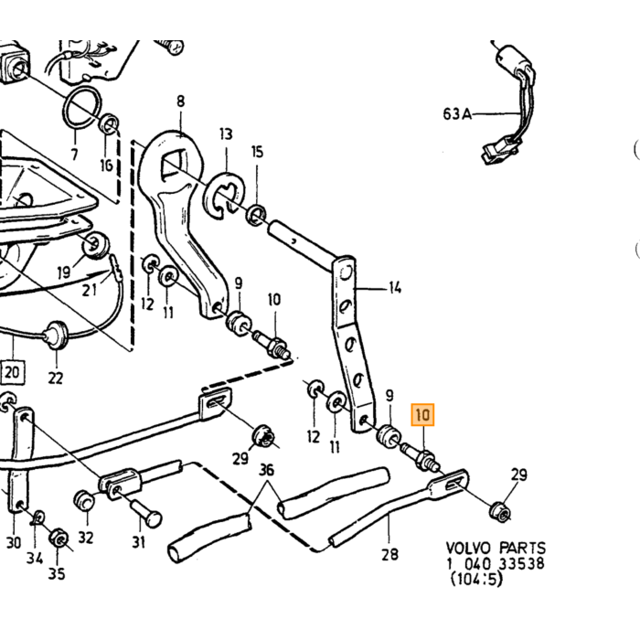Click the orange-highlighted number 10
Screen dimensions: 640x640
pos(422,415)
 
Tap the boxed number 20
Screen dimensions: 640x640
pos(12,372)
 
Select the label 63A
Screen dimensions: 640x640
pos(457,114)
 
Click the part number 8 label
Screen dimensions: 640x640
pos(180,101)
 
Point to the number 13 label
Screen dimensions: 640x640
pos(226,133)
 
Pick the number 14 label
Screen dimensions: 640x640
pos(395,288)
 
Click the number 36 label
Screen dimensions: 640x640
pos(267,470)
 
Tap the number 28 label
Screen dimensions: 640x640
pos(389,554)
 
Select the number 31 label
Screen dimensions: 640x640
pos(139,542)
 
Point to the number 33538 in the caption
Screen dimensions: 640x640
pos(522,564)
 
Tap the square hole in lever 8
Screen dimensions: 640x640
pos(175,165)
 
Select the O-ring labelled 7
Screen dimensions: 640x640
pos(81,107)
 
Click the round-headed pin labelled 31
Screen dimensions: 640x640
pos(145,514)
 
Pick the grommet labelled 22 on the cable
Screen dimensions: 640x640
pos(57,336)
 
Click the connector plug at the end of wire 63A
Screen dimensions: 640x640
pos(500,150)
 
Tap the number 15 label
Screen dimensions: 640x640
pos(257,152)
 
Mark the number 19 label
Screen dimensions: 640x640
pos(64,272)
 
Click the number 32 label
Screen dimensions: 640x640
pos(86,538)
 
